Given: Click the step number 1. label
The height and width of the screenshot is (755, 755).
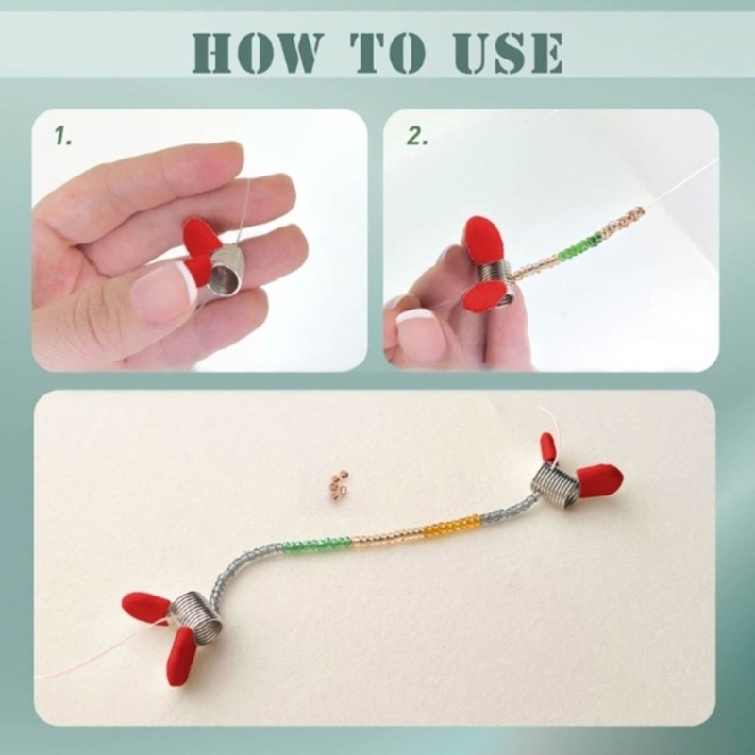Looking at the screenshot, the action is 62,136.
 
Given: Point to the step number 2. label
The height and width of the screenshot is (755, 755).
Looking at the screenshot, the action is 417,136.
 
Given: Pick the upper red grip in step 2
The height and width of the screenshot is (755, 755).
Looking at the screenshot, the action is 483,241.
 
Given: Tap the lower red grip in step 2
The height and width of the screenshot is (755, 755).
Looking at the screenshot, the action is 484,295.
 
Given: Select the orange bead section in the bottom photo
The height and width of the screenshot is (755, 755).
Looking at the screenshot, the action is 452,526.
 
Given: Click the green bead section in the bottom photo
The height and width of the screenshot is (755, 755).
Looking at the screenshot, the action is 317,545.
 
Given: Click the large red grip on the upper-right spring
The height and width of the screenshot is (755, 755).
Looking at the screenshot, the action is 599,479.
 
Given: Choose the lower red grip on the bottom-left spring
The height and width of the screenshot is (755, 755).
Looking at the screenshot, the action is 181,656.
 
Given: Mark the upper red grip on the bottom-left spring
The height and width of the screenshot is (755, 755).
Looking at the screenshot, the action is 146,607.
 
